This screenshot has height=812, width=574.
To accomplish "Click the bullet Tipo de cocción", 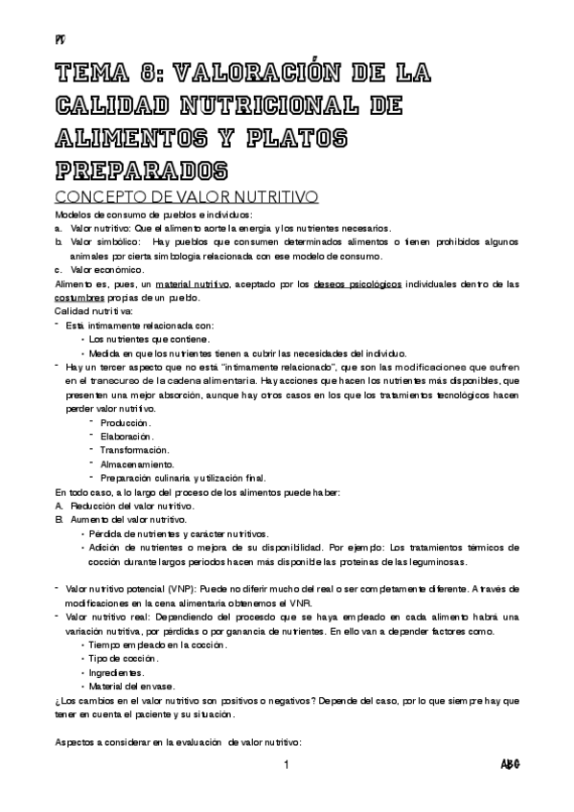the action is point(125,661).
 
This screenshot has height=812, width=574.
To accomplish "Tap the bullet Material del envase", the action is point(131,688).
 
